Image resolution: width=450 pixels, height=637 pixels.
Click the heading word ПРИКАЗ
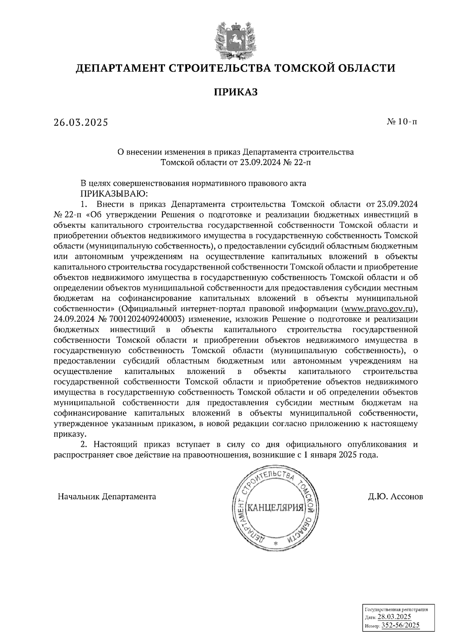coord(235,92)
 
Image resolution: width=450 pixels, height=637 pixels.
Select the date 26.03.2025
coord(81,122)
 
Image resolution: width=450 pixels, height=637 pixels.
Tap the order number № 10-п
coord(402,122)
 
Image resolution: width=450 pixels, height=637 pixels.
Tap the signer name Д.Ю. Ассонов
coord(395,497)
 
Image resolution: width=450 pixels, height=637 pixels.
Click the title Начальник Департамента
coord(107,497)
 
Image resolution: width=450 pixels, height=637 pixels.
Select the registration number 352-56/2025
coord(400,625)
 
